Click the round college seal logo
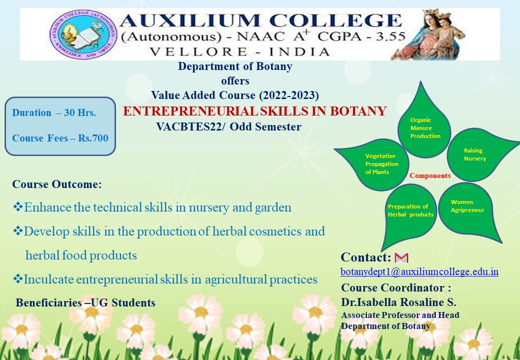click(83, 34)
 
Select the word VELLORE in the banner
click(198, 51)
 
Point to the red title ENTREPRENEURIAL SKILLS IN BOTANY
click(254, 111)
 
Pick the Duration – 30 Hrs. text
click(54, 112)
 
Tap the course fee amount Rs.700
click(93, 138)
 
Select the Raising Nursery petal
click(477, 154)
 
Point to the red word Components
click(430, 175)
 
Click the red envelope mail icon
click(401, 257)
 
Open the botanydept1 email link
click(419, 272)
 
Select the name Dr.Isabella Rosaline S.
click(398, 302)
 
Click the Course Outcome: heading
click(57, 184)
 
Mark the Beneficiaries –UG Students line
click(85, 302)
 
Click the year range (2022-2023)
click(289, 95)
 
